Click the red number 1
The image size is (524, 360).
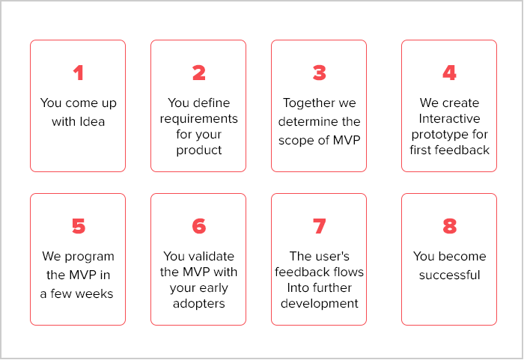tap(79, 73)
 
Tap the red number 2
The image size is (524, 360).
tap(199, 73)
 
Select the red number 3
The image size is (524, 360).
tap(319, 73)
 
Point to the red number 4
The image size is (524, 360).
tap(449, 73)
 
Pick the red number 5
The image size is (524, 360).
tap(79, 226)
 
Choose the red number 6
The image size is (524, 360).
tap(199, 226)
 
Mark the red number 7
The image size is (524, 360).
tap(319, 226)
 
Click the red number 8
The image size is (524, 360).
tap(449, 226)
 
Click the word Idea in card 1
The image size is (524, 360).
tap(92, 122)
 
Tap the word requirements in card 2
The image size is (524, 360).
tap(199, 119)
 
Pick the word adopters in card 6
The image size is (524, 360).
tap(199, 304)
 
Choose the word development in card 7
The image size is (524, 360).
tap(319, 304)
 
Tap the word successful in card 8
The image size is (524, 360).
tap(449, 275)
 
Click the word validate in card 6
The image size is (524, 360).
tap(211, 257)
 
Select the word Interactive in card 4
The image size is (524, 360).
tap(449, 119)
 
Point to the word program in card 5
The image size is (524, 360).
tap(89, 257)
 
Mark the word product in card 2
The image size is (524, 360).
tap(199, 150)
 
